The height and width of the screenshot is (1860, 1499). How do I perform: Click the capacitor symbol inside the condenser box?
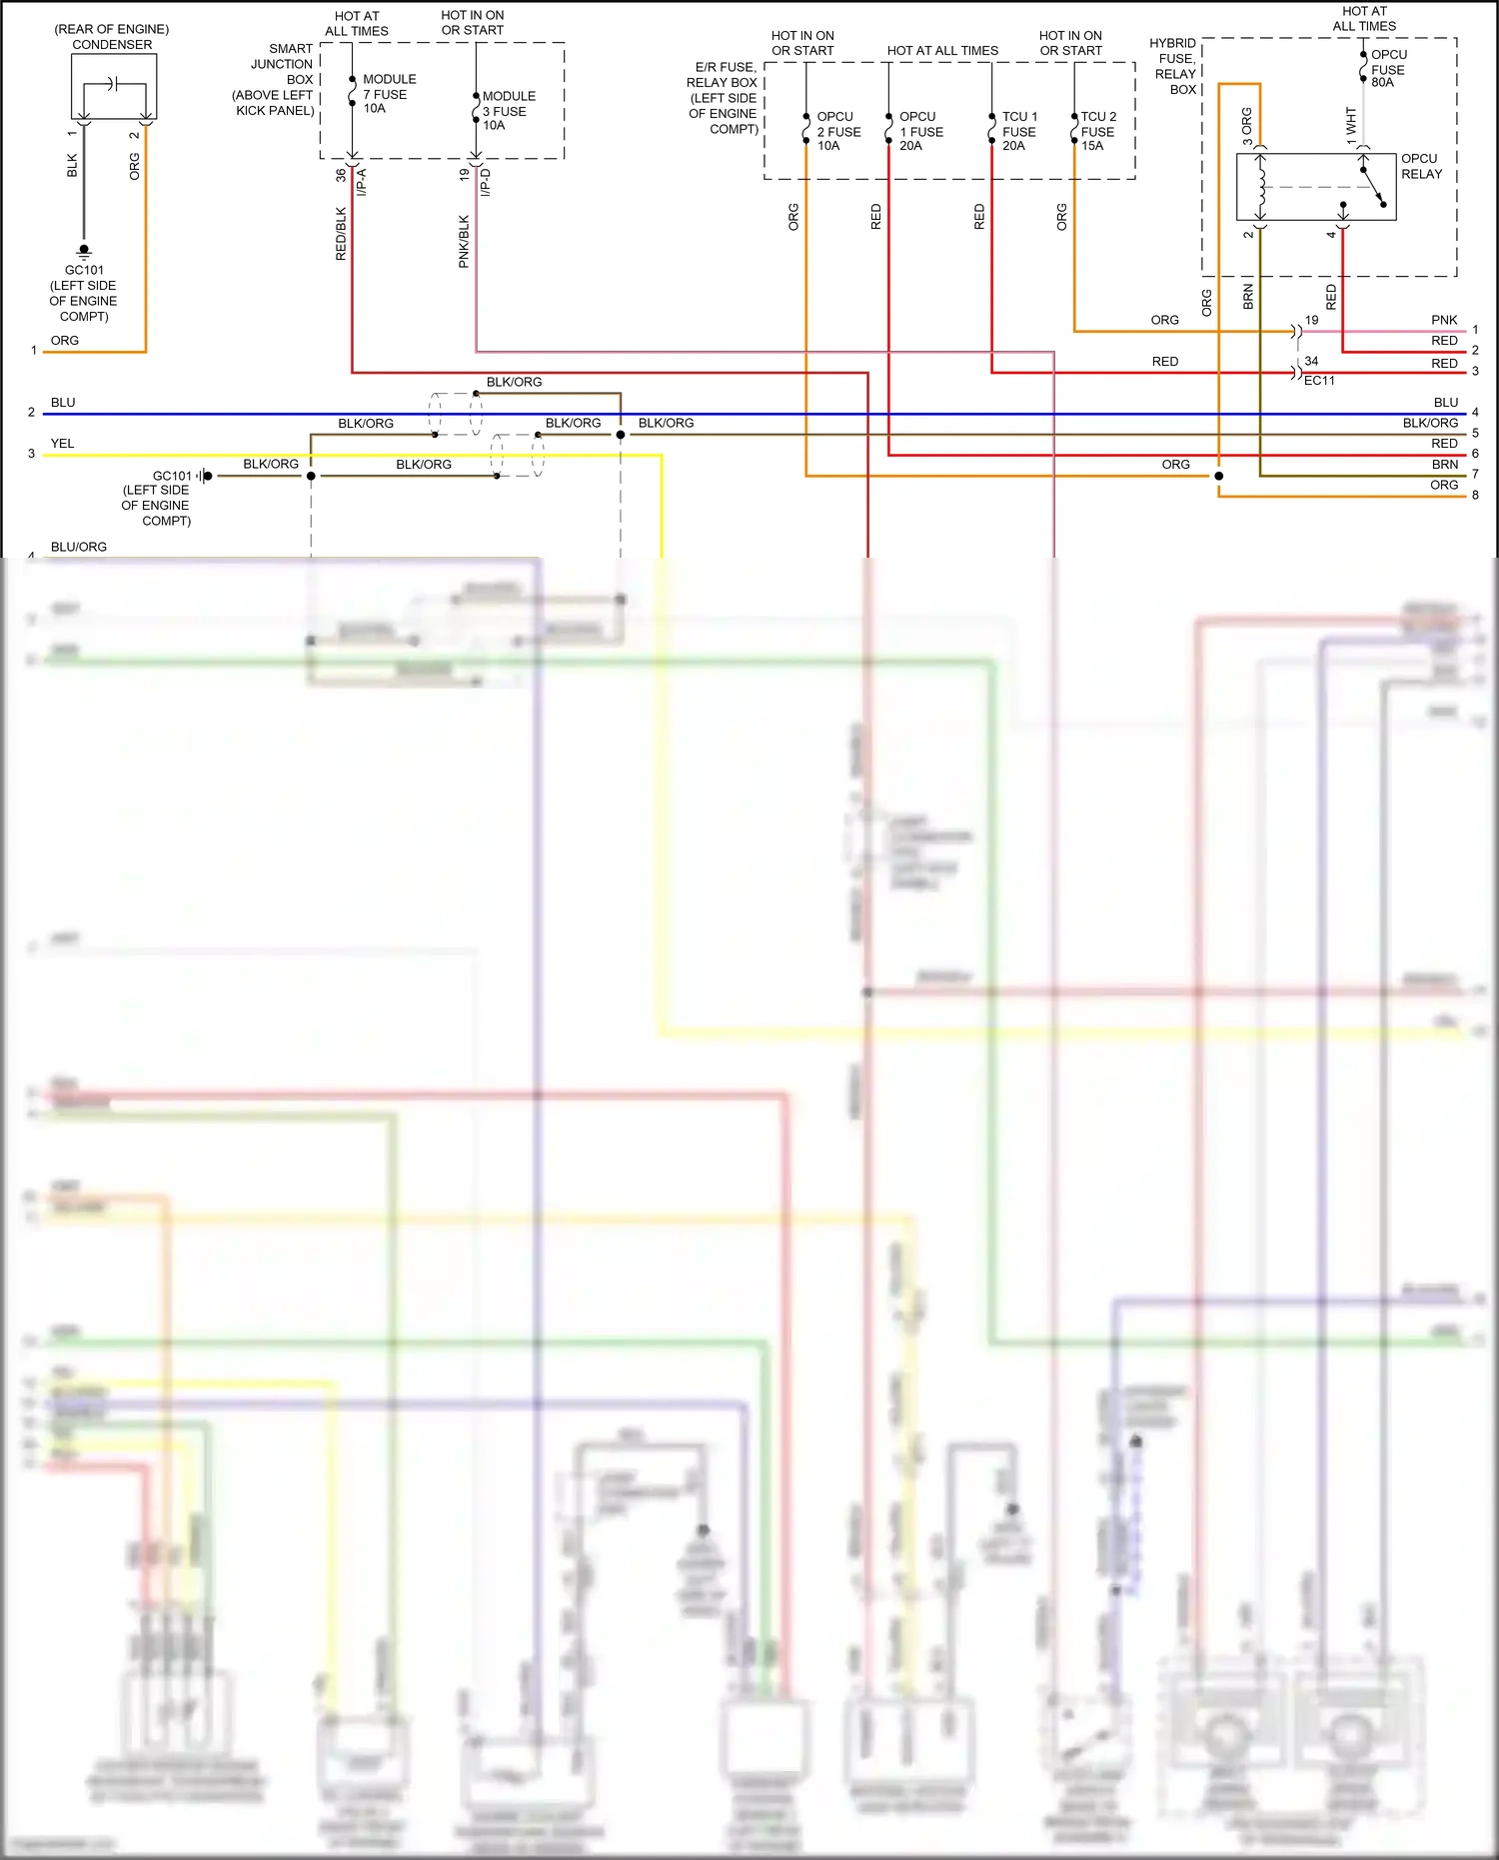[x=114, y=83]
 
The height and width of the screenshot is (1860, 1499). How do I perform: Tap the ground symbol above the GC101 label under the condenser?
[x=84, y=251]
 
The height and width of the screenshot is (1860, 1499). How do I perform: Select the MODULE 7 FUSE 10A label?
[x=389, y=94]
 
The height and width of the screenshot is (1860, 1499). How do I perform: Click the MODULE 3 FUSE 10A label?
[x=509, y=111]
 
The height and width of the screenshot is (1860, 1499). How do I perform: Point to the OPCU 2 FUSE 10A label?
[x=838, y=131]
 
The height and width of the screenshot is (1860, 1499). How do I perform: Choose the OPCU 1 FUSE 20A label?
[x=920, y=131]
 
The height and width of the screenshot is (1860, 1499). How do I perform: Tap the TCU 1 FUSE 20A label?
[x=1019, y=131]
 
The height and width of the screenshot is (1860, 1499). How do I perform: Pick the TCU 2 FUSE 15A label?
[x=1098, y=131]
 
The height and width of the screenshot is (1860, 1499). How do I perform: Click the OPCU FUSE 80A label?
[x=1388, y=69]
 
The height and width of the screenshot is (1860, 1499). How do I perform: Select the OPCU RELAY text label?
[x=1421, y=166]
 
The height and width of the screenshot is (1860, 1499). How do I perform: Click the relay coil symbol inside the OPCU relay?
[x=1261, y=187]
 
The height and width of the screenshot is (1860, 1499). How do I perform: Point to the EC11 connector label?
[x=1319, y=381]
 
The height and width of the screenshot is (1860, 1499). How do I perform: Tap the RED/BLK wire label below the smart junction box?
[x=341, y=234]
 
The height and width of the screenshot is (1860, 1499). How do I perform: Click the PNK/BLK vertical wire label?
[x=464, y=241]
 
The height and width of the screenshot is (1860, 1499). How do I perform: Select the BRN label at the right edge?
[x=1444, y=465]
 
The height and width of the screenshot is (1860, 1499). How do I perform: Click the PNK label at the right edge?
[x=1444, y=320]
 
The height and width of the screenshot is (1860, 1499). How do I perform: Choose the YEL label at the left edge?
[x=62, y=443]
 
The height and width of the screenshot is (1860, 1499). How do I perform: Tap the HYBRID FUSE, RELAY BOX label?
[x=1174, y=66]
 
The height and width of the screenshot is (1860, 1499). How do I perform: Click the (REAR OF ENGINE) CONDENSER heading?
[x=112, y=37]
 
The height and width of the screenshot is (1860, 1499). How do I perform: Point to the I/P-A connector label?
[x=362, y=182]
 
